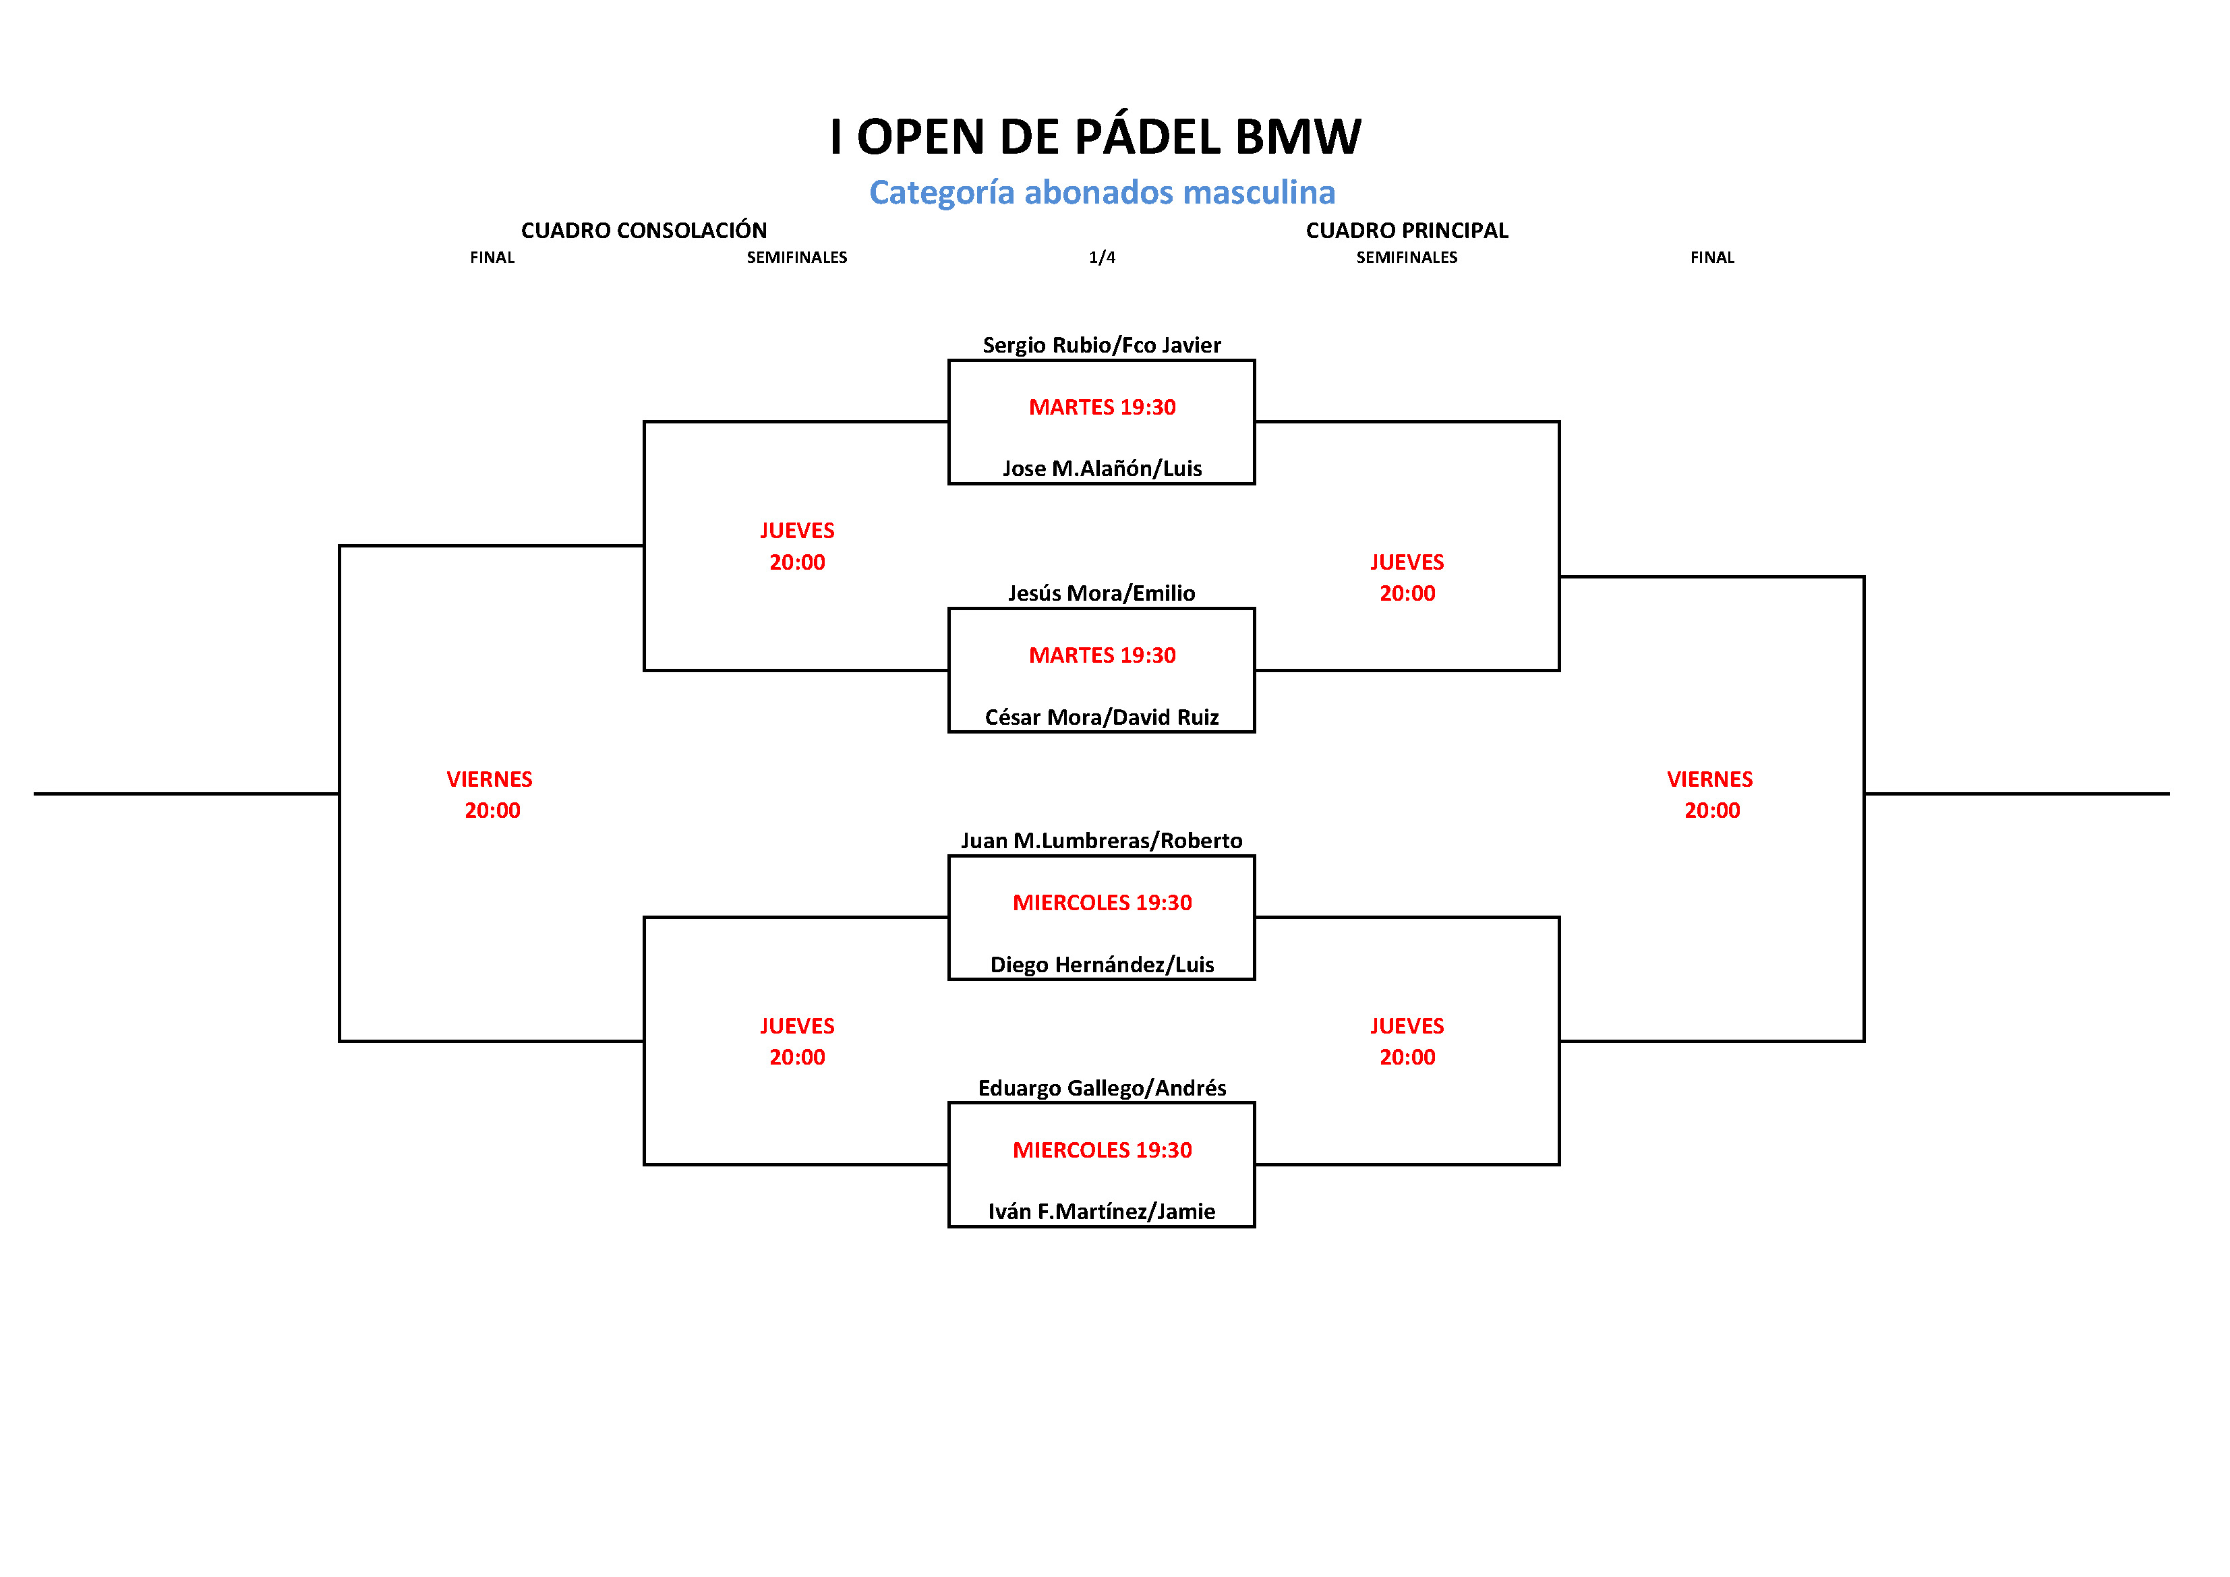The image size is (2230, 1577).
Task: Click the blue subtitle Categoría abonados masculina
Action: pyautogui.click(x=1101, y=192)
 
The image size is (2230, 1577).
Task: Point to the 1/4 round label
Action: pyautogui.click(x=1101, y=258)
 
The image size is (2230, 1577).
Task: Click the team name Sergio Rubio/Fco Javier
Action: pyautogui.click(x=1101, y=345)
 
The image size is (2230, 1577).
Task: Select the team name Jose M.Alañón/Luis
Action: pyautogui.click(x=1101, y=468)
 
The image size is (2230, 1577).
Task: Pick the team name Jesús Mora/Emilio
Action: pyautogui.click(x=1101, y=593)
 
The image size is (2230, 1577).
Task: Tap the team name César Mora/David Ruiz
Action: pyautogui.click(x=1101, y=717)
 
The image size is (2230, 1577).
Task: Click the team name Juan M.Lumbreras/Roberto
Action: pyautogui.click(x=1101, y=840)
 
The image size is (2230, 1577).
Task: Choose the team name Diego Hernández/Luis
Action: pyautogui.click(x=1101, y=964)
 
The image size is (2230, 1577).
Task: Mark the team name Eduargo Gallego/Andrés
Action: pyautogui.click(x=1101, y=1088)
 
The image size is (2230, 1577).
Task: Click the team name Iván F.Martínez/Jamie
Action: pyautogui.click(x=1101, y=1211)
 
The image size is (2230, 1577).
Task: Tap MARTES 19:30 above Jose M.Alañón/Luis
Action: pyautogui.click(x=1101, y=407)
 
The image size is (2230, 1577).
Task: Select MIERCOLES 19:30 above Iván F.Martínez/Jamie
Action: pyautogui.click(x=1101, y=1150)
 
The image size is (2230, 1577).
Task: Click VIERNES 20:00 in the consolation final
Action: pyautogui.click(x=490, y=794)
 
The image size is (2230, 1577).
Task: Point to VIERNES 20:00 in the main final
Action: pyautogui.click(x=1710, y=794)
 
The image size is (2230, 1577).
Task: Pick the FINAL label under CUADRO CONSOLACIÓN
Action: pyautogui.click(x=492, y=258)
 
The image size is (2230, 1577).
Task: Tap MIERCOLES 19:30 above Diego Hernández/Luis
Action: pyautogui.click(x=1101, y=902)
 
